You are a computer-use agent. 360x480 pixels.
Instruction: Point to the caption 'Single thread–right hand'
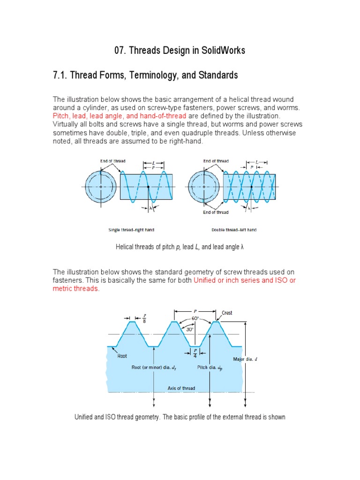point(131,230)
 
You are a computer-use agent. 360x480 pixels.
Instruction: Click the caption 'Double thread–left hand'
point(234,230)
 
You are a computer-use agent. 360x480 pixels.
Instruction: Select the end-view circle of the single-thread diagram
point(101,186)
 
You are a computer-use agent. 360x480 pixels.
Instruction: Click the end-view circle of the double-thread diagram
point(204,186)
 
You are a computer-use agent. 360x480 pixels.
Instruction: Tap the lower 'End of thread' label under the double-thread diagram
point(216,212)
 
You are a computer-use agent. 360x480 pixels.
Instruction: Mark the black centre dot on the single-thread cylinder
point(148,187)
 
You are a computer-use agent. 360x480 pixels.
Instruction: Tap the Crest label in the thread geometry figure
point(227,313)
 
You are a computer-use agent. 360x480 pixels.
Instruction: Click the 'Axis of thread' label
point(181,388)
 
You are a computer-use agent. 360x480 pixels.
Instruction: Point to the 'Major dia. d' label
point(245,360)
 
